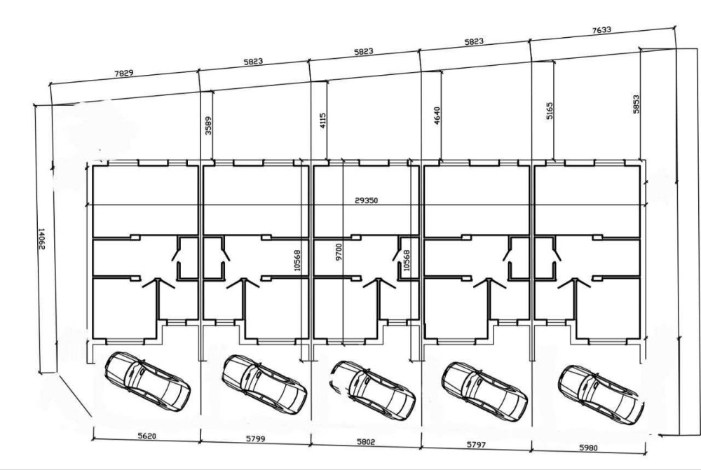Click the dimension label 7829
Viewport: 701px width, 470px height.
tap(124, 73)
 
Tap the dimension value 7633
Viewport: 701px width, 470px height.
tap(601, 30)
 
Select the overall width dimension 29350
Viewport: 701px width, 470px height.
tap(366, 200)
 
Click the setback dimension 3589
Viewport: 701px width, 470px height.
tap(208, 125)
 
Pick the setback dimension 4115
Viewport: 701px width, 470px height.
tap(323, 120)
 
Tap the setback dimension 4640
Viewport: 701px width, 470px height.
tap(437, 116)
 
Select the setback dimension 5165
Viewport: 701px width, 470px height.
tap(550, 111)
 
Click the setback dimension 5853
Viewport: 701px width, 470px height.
tap(637, 104)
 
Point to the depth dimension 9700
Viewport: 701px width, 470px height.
tap(339, 251)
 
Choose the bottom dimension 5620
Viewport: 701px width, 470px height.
tap(147, 436)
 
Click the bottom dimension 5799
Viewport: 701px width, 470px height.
tap(255, 438)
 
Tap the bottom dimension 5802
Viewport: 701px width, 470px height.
tap(366, 442)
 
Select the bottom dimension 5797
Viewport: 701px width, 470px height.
tap(476, 445)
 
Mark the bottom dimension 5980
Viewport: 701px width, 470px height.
tap(588, 447)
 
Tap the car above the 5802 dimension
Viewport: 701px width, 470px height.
tap(374, 390)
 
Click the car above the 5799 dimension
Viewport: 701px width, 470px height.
tap(264, 385)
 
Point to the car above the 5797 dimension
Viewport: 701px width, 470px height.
tap(484, 392)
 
